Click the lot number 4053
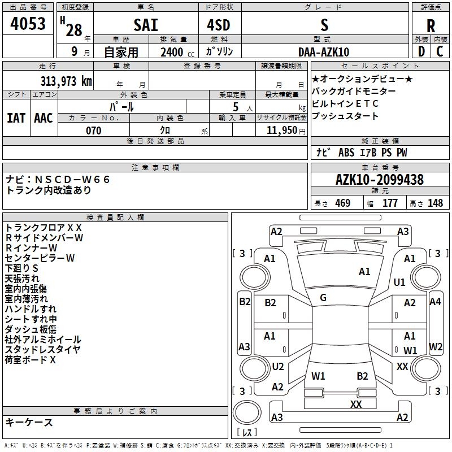coord(28,24)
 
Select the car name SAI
coord(146,25)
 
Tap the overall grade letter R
coord(431,26)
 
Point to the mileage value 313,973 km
coord(66,81)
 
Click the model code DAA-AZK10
coord(324,52)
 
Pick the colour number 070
coord(94,131)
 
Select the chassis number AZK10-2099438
coord(380,180)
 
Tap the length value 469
coord(343,203)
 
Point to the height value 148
coord(435,203)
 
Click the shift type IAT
coord(16,118)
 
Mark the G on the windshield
coord(323,298)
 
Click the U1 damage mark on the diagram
coord(399,282)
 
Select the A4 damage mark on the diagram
coord(435,302)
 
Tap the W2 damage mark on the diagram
coord(436,346)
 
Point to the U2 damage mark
coord(278,366)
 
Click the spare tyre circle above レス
coord(247,412)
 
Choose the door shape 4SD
coord(219,25)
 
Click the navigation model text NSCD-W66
coord(72,180)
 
